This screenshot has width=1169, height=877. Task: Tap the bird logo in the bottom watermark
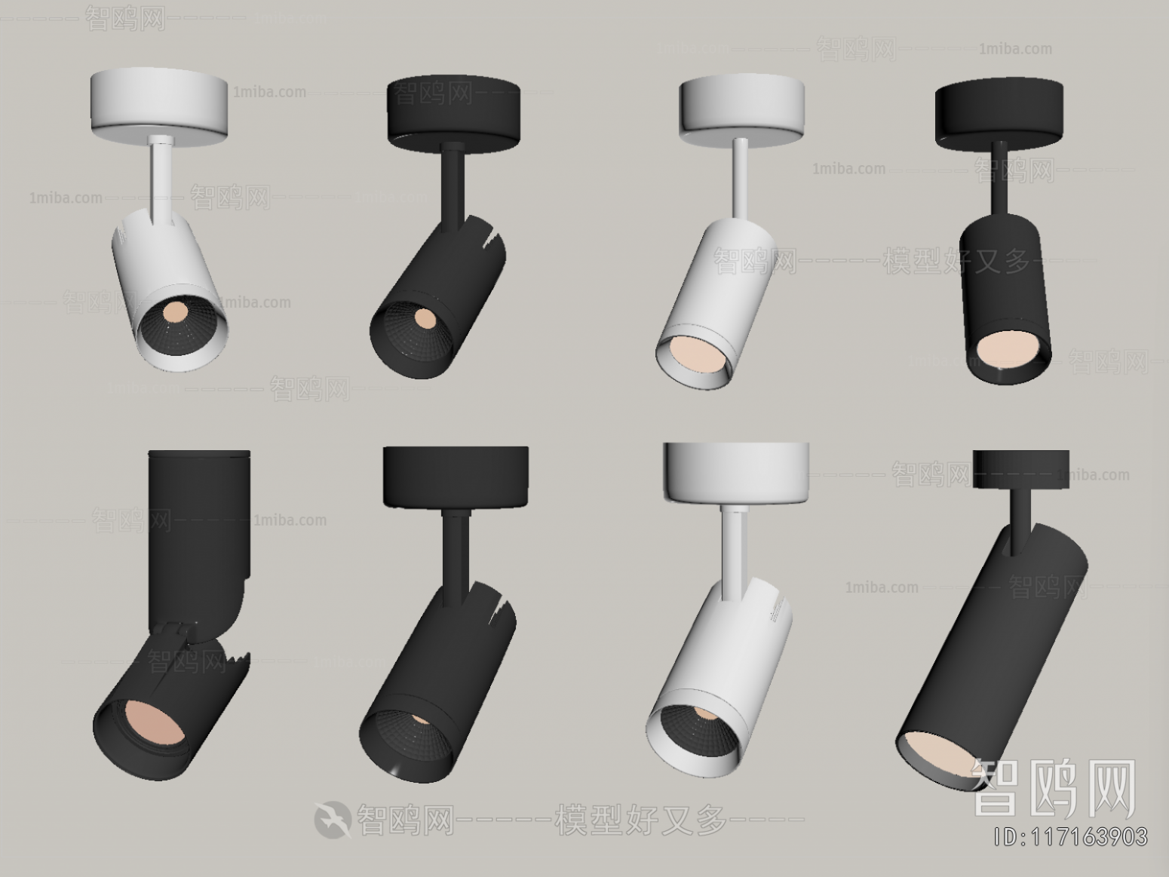(x=333, y=819)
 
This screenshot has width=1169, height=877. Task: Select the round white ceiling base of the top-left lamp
(x=159, y=103)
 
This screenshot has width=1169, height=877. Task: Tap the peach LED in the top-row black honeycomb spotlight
(x=425, y=318)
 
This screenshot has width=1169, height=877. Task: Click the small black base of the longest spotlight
(x=1020, y=468)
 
